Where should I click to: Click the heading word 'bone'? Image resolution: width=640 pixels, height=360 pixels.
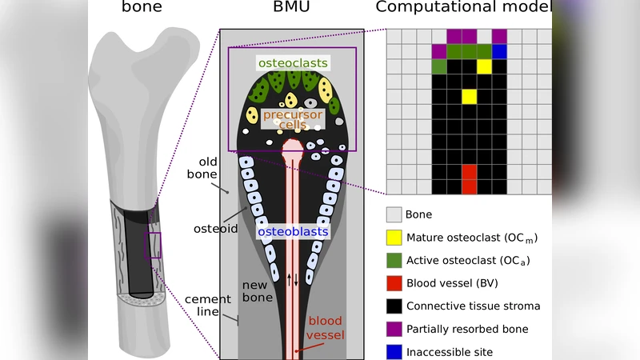click(x=142, y=8)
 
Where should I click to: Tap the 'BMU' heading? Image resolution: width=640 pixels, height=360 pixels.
click(x=291, y=8)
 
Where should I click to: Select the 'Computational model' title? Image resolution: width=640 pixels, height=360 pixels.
click(x=463, y=8)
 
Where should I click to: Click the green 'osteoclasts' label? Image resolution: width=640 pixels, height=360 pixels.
click(x=292, y=62)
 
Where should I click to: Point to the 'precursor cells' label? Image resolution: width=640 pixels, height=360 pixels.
click(x=293, y=120)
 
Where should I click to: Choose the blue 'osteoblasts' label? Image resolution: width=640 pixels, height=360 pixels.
click(x=293, y=232)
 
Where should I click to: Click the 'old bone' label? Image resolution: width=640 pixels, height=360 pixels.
click(x=202, y=168)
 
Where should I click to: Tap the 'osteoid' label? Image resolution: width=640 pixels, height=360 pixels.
click(x=215, y=229)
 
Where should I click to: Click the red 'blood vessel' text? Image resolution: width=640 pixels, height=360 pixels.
click(x=325, y=329)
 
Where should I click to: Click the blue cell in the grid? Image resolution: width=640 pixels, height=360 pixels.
click(x=500, y=51)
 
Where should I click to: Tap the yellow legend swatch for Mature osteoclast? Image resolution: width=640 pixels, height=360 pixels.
click(x=394, y=238)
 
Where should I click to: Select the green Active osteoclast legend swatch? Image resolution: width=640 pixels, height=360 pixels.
click(x=394, y=261)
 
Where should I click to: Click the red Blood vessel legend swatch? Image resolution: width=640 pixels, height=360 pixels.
click(x=394, y=283)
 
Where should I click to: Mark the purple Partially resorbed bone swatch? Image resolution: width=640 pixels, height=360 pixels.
click(x=394, y=329)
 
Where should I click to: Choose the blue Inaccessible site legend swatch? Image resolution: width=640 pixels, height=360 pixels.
click(x=394, y=352)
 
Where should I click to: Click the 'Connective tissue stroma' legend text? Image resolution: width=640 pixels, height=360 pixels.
click(x=473, y=306)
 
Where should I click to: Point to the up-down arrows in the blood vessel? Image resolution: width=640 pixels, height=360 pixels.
click(x=293, y=279)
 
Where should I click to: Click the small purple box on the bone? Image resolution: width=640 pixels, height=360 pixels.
click(x=152, y=245)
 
